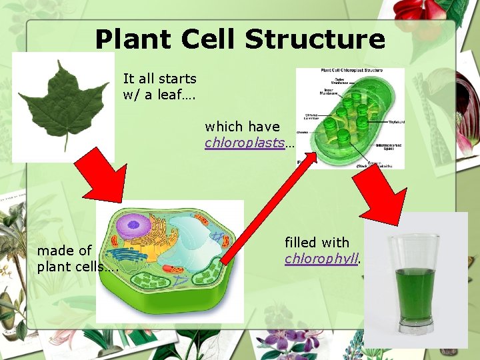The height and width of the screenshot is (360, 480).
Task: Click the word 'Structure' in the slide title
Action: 315,39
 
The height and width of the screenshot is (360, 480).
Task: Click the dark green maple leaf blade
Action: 65,100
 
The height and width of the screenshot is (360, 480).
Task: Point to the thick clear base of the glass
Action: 415,325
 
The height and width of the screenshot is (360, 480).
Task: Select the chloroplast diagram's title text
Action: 350,70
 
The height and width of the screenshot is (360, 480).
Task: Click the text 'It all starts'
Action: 159,79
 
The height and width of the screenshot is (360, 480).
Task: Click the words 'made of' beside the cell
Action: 64,251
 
